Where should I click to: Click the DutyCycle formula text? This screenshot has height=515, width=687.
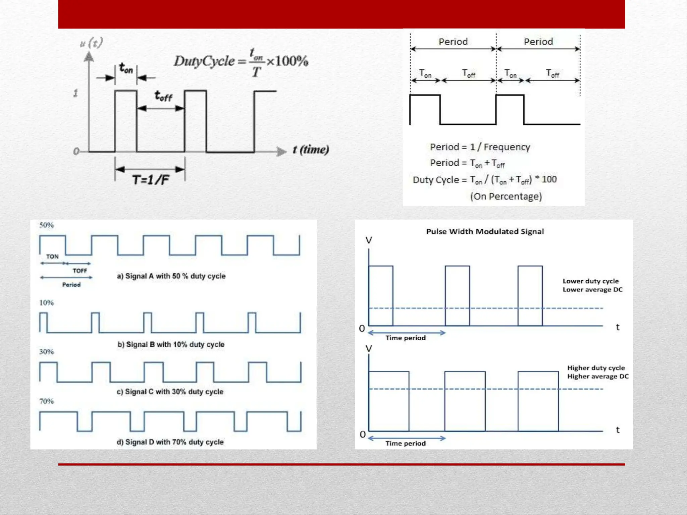pyautogui.click(x=241, y=62)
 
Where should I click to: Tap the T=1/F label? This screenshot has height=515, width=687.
pyautogui.click(x=150, y=180)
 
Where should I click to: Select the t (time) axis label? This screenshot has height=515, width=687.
pyautogui.click(x=311, y=150)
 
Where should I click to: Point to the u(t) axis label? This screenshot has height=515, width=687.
pyautogui.click(x=91, y=43)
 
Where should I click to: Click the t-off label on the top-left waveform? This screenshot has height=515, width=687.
pyautogui.click(x=163, y=97)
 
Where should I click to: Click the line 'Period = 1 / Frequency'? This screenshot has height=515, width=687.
pyautogui.click(x=480, y=147)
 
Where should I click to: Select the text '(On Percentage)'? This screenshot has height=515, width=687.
pyautogui.click(x=506, y=196)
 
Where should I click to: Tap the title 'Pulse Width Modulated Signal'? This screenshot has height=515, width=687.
pyautogui.click(x=485, y=231)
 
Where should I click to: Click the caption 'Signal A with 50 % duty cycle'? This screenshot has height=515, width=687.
pyautogui.click(x=171, y=276)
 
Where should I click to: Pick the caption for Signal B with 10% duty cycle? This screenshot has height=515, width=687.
pyautogui.click(x=171, y=344)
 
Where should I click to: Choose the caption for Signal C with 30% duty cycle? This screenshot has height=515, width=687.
pyautogui.click(x=170, y=392)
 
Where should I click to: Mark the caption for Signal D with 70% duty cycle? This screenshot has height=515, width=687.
pyautogui.click(x=170, y=442)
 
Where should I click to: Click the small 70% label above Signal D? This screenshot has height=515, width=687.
pyautogui.click(x=46, y=401)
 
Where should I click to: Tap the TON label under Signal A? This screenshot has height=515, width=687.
pyautogui.click(x=52, y=256)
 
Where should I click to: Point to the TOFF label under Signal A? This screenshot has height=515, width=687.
pyautogui.click(x=80, y=271)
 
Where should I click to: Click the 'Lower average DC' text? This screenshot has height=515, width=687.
pyautogui.click(x=592, y=290)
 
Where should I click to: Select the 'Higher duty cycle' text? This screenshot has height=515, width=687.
pyautogui.click(x=596, y=368)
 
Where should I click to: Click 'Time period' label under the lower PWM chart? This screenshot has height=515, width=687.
pyautogui.click(x=405, y=443)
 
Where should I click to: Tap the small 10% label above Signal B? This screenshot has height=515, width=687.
pyautogui.click(x=46, y=303)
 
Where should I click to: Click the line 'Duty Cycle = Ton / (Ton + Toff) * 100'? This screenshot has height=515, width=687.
pyautogui.click(x=484, y=180)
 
